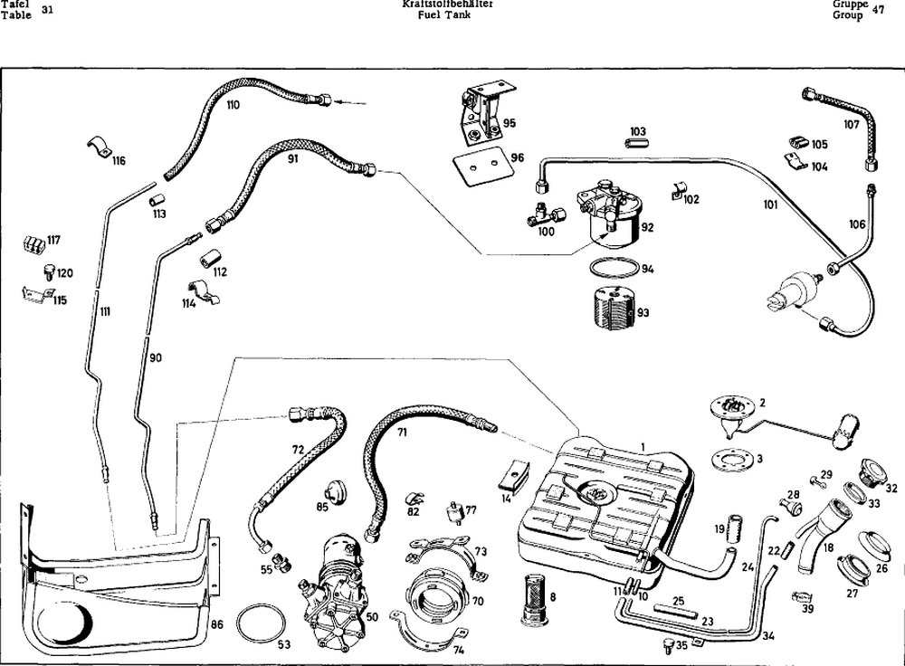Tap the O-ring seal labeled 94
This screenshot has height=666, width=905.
(610, 270)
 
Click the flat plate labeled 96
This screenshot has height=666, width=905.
(480, 165)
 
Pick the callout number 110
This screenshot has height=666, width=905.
(233, 106)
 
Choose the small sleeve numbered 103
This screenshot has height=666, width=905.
(637, 143)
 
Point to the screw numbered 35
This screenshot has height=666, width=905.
(667, 644)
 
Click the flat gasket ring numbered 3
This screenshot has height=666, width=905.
(727, 459)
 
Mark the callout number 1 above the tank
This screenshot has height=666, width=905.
(642, 445)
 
